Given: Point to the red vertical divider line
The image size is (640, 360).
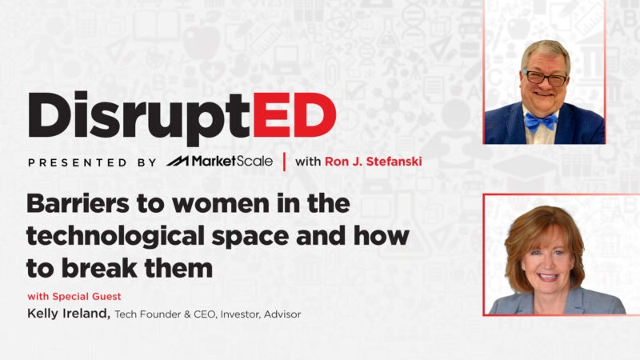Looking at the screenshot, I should pos(284,162).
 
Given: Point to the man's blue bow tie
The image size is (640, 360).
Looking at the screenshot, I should pos(541,121).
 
